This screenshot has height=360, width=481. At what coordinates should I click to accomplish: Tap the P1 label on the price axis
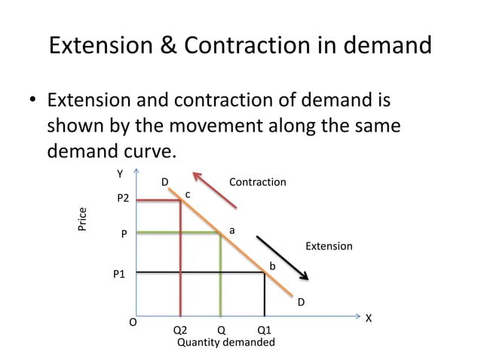[119, 275]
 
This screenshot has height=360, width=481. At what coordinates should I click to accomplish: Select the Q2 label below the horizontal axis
[180, 330]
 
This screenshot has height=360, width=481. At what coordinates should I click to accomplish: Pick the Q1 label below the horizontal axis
[265, 330]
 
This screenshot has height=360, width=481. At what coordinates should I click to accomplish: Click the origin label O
[132, 322]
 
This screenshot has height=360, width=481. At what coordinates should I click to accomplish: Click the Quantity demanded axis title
[225, 342]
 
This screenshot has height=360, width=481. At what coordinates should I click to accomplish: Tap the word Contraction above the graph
[257, 182]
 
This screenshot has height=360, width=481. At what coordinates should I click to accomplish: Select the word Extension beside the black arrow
[328, 246]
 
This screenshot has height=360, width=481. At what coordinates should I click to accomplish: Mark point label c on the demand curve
[188, 194]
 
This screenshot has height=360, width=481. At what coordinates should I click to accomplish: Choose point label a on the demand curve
[232, 230]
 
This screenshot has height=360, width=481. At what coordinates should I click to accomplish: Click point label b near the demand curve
[273, 267]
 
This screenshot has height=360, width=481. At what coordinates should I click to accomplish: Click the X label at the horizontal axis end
[368, 319]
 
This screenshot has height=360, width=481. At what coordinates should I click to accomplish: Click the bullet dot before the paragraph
[33, 101]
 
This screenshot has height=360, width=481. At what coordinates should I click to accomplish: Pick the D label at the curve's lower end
[301, 302]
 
